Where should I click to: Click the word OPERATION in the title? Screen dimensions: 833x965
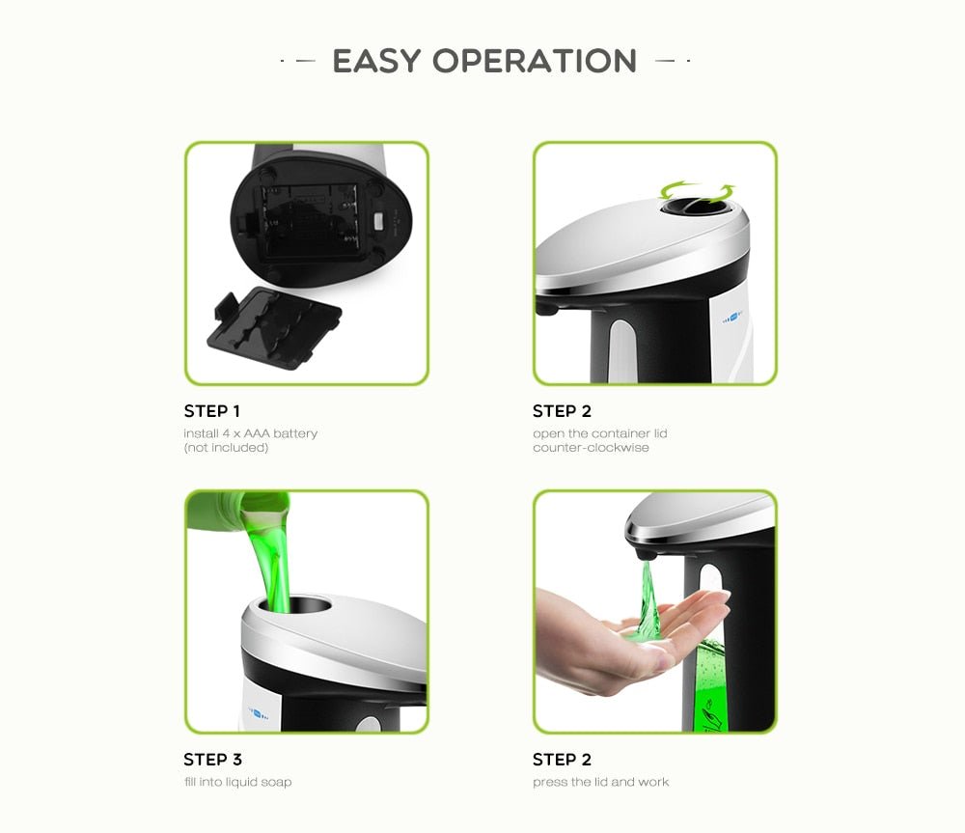point(535,60)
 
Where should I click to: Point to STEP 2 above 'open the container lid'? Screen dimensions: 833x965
point(562,411)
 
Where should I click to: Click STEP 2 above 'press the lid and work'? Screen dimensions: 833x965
point(562,760)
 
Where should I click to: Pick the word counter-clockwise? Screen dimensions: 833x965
point(591,448)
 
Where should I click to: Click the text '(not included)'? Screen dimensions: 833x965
point(226,448)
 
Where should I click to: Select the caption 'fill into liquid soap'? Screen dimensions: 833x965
point(237,782)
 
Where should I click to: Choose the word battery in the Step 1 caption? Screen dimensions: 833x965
point(295,433)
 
